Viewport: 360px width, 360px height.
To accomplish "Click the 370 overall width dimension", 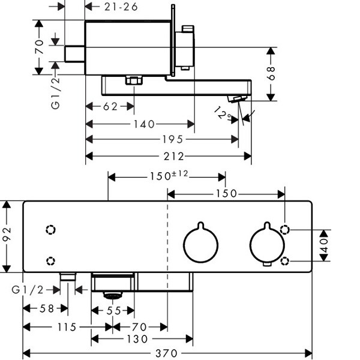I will pyautogui.click(x=167, y=354).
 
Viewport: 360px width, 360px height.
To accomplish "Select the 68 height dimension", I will pyautogui.click(x=271, y=74).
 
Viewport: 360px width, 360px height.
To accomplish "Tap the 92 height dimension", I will pyautogui.click(x=7, y=238).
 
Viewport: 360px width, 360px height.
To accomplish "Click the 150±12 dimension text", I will pyautogui.click(x=169, y=176).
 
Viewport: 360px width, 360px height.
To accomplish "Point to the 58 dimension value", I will pyautogui.click(x=45, y=310).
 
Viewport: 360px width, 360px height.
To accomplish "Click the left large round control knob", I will pyautogui.click(x=201, y=244).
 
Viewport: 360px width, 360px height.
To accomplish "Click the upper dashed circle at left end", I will pyautogui.click(x=50, y=230).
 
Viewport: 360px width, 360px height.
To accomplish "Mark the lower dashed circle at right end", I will pyautogui.click(x=286, y=260).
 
